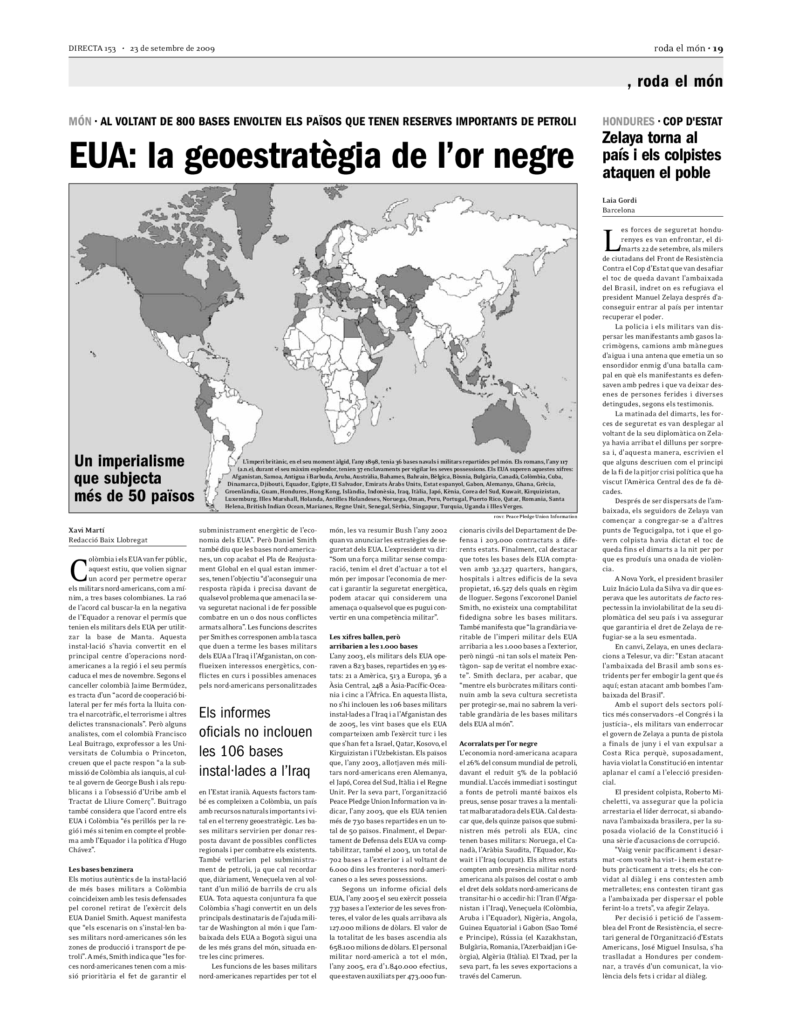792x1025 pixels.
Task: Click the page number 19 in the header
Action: tap(718, 49)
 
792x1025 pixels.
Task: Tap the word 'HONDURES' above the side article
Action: tap(628, 121)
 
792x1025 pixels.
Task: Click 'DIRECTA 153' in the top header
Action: tap(92, 49)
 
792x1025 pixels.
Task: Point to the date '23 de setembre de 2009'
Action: tap(172, 49)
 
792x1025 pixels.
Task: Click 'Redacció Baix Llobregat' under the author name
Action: tap(108, 540)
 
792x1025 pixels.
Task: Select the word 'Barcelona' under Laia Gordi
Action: tap(618, 210)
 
